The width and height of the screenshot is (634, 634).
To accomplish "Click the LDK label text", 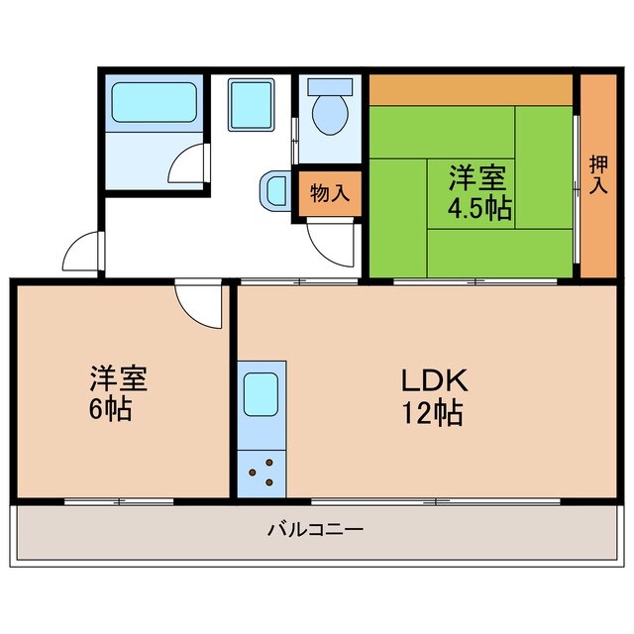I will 433,379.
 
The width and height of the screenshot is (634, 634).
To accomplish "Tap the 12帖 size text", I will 433,412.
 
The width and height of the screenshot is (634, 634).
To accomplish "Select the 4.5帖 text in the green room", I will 479,209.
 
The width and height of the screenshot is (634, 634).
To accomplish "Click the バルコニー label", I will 315,529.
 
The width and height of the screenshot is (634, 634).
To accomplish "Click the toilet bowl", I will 329,114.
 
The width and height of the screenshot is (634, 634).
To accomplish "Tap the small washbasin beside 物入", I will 273,188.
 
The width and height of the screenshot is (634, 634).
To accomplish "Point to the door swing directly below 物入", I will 329,243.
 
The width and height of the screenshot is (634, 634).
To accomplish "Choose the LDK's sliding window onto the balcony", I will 436,500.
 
